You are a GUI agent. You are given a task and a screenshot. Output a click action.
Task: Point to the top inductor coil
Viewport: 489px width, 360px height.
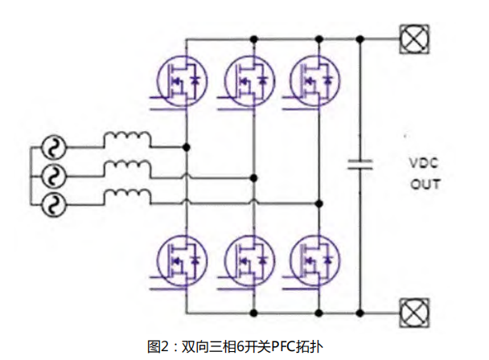126,141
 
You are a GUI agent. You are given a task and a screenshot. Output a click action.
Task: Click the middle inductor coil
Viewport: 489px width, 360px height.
126,168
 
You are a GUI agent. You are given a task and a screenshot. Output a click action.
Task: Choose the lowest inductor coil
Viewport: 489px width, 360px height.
126,194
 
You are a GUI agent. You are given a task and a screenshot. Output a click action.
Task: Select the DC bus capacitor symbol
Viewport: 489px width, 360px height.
360,165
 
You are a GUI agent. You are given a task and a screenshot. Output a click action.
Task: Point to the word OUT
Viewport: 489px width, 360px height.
425,184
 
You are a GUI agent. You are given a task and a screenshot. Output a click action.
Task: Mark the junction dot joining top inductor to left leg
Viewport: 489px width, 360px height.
187,148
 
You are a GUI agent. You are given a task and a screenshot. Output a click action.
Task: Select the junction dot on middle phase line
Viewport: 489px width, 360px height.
253,176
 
